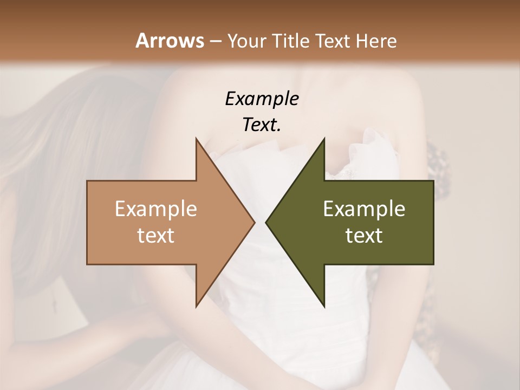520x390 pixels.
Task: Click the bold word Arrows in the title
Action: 170,41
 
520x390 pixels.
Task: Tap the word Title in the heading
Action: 291,41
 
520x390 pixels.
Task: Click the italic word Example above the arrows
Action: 262,99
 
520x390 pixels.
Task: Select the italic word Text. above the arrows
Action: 262,125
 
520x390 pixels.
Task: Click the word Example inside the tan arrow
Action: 156,209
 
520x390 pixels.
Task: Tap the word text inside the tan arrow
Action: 156,236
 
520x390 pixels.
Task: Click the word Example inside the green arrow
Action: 364,209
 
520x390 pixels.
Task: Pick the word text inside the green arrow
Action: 364,236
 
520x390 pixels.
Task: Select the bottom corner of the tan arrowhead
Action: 197,305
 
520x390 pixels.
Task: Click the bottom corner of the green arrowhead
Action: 324,305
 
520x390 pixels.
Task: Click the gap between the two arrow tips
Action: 260,223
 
